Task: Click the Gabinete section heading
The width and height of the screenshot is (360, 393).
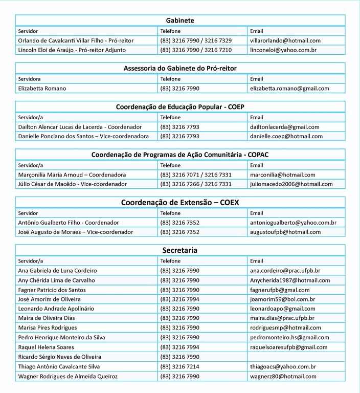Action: point(180,20)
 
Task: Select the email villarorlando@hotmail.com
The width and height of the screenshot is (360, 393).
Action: point(285,40)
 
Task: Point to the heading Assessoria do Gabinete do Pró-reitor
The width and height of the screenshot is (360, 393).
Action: point(180,68)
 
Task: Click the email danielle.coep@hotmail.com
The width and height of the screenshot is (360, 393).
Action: point(286,137)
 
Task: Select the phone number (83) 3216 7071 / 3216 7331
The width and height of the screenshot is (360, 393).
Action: point(196,174)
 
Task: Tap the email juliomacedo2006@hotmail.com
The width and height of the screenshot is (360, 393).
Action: point(291,184)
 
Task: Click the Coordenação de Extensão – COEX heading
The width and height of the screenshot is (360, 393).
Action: point(180,202)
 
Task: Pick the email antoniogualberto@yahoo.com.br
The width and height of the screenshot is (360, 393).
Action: point(293,223)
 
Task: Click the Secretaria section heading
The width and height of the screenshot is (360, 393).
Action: point(180,250)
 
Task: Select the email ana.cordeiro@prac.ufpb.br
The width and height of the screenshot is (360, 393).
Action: point(285,271)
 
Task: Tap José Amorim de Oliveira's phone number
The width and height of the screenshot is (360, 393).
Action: point(179,299)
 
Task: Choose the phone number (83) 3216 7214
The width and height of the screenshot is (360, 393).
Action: point(179,367)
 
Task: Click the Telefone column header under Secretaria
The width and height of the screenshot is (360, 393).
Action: point(170,261)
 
